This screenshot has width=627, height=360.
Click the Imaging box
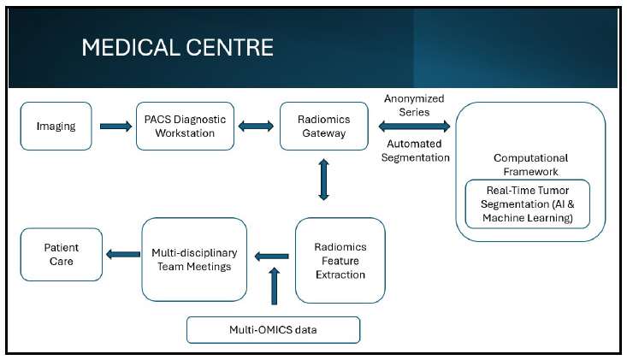[x=56, y=127]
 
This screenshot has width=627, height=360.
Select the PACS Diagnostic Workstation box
[x=185, y=127]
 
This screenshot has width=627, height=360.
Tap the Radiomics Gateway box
[x=324, y=127]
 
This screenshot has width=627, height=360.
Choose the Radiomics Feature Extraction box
[x=340, y=261]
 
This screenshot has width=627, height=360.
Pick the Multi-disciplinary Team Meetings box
[x=194, y=260]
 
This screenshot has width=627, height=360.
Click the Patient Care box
[x=62, y=255]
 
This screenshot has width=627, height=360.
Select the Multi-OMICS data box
[x=273, y=330]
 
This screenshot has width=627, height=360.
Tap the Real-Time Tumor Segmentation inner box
[x=528, y=204]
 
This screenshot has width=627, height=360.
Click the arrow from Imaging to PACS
[x=116, y=127]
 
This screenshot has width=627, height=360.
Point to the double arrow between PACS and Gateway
[x=256, y=127]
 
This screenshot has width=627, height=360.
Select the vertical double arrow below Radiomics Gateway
[x=324, y=180]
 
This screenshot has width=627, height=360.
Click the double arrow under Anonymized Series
[x=414, y=127]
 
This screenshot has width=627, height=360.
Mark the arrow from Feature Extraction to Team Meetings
[x=271, y=257]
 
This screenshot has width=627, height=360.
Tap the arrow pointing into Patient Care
[x=123, y=254]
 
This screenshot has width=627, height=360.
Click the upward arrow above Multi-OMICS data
[x=275, y=286]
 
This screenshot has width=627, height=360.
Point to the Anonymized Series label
[x=414, y=105]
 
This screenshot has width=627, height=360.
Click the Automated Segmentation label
[x=415, y=150]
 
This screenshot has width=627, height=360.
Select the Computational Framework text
[x=530, y=165]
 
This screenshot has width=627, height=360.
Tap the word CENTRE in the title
[x=230, y=48]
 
